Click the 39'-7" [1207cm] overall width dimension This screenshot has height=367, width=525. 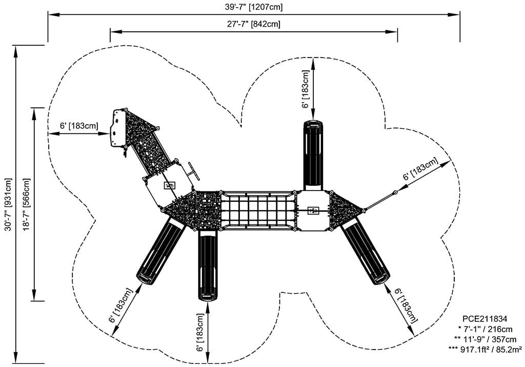(x=254, y=7)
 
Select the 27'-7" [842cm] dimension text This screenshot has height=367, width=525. (x=254, y=24)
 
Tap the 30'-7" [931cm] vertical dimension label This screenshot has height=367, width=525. (x=8, y=205)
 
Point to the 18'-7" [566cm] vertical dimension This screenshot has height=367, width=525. (x=26, y=205)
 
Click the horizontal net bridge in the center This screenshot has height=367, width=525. (x=258, y=210)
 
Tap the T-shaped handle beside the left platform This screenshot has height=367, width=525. (x=192, y=171)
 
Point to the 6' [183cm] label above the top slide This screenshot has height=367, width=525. (x=306, y=89)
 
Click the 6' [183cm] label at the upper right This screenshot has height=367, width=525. (x=420, y=169)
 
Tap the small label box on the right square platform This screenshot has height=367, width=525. (x=312, y=210)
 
